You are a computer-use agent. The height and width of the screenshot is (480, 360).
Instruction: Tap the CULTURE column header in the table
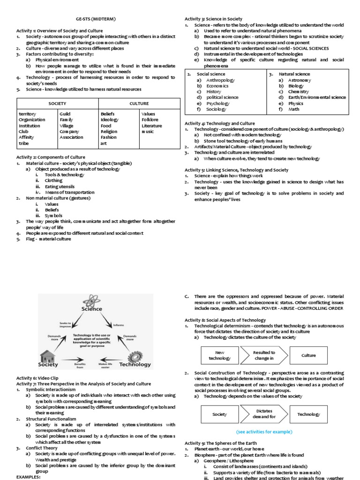click(139, 103)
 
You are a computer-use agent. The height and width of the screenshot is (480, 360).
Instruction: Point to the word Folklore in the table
click(150, 120)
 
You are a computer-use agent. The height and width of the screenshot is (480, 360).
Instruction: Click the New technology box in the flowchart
click(220, 355)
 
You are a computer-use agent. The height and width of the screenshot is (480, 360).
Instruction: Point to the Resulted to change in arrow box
click(263, 355)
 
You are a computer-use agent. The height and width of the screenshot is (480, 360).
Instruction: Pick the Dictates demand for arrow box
click(263, 414)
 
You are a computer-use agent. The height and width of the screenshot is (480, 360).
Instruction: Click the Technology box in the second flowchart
click(308, 414)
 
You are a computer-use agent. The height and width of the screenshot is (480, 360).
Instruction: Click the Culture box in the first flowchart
click(308, 355)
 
